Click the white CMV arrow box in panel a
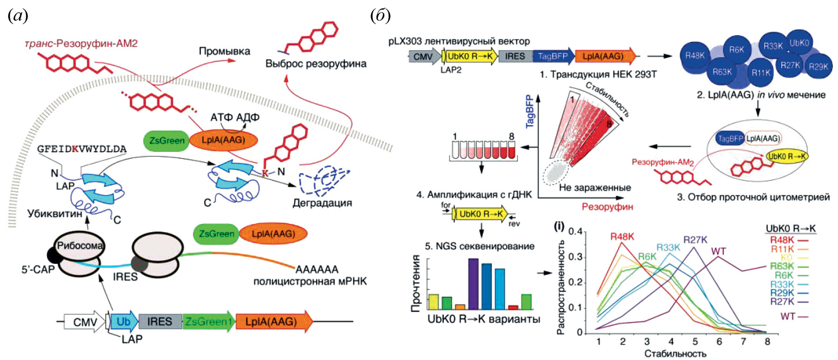84,322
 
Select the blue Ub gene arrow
123,322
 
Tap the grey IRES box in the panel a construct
160,322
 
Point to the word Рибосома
80,245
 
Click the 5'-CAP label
38,269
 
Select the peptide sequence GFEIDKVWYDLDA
82,149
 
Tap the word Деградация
322,203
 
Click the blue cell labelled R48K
694,56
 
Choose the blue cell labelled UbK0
799,43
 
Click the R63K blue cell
722,72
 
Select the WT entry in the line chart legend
788,316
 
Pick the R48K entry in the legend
782,240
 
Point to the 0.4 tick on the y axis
575,231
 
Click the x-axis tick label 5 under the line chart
695,341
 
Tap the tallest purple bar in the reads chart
473,284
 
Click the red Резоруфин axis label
607,207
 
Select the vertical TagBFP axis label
530,112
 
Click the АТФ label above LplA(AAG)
221,117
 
